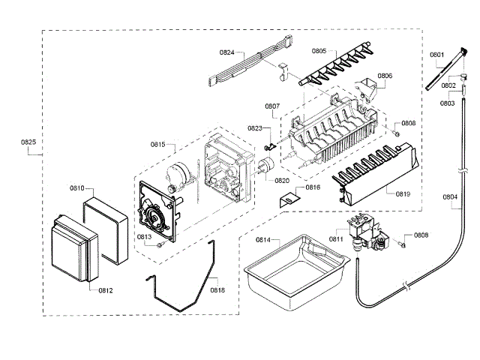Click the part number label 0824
pos(226,52)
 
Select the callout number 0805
pos(319,51)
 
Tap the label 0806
pos(384,76)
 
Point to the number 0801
pos(436,54)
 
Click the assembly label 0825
pos(27,142)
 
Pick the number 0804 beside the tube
pos(450,198)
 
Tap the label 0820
pos(282,181)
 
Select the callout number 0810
pos(76,188)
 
